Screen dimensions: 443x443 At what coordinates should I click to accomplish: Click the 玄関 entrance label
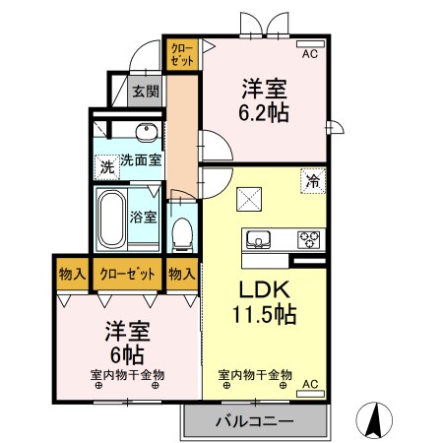tap(146, 92)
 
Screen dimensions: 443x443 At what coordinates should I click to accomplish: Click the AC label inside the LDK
tap(310, 383)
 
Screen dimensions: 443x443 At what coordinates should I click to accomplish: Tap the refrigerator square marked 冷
tap(312, 181)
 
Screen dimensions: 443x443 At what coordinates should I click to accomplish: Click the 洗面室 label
tap(141, 160)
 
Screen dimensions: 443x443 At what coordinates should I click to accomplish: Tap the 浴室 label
tap(144, 217)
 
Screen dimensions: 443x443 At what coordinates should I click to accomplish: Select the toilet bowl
tap(182, 232)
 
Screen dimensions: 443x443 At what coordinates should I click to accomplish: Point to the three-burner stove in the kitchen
tap(309, 239)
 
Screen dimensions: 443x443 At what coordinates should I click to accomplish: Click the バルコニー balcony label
tap(253, 420)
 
